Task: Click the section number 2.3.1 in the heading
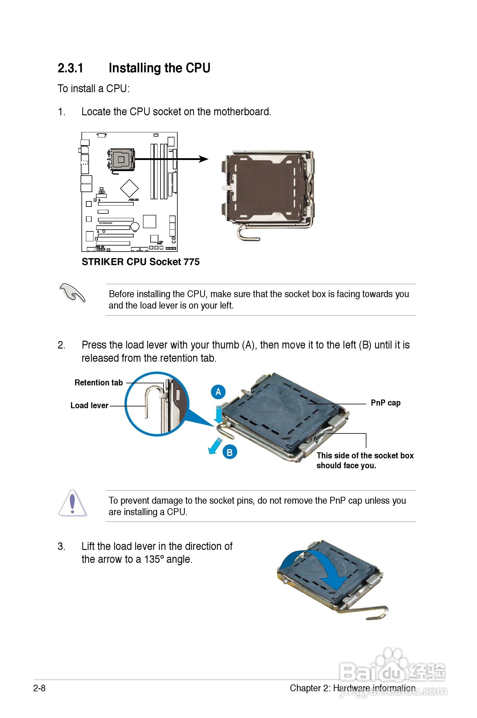click(70, 68)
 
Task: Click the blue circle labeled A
click(218, 392)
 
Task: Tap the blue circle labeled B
click(230, 452)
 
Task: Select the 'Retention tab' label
click(99, 383)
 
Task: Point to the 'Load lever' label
click(90, 406)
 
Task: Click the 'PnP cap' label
click(385, 403)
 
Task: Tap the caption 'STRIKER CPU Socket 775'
click(141, 262)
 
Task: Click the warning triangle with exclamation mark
click(72, 503)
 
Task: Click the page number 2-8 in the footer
click(39, 688)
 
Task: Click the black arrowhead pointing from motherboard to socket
click(203, 159)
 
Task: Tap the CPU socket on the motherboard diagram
click(121, 159)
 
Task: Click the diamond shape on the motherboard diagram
click(129, 188)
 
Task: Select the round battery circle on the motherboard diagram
click(135, 226)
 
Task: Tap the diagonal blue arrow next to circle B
click(215, 446)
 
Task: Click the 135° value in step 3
click(154, 559)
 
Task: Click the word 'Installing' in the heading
click(141, 68)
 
